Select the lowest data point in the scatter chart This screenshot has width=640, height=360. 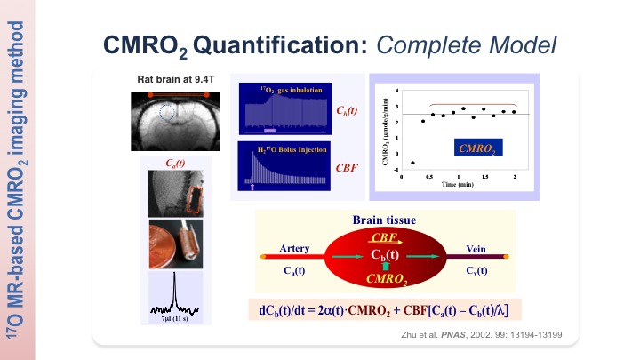[x=412, y=163]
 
